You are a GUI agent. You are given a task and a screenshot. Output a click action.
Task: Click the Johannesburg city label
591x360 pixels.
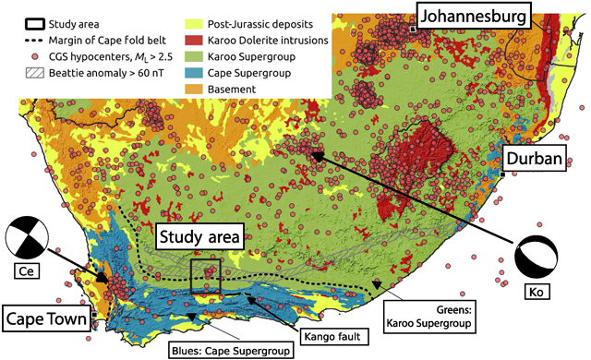(474, 15)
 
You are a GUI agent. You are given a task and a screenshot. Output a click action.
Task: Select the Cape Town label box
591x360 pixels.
(45, 320)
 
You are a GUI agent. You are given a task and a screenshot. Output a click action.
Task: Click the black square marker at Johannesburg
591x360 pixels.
(412, 30)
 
